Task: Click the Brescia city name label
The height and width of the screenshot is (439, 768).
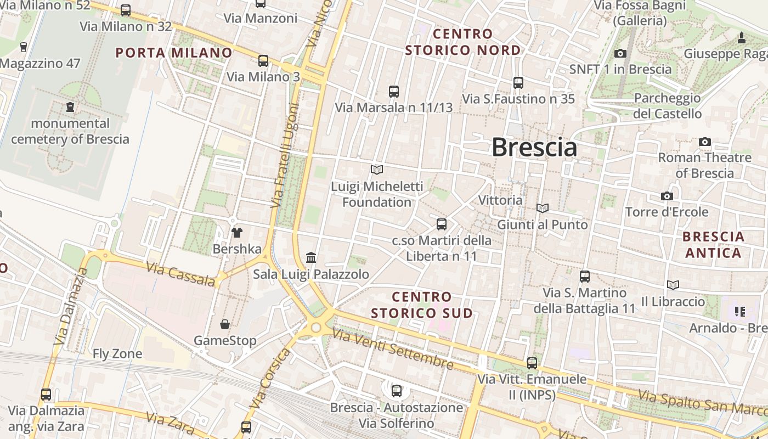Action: (534, 147)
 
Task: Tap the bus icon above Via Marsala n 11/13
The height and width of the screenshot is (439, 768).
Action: (393, 91)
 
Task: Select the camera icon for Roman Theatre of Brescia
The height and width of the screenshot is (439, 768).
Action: (705, 142)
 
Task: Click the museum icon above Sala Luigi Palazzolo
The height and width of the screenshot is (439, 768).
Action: (311, 257)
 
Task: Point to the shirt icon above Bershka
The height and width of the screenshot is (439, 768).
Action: (237, 232)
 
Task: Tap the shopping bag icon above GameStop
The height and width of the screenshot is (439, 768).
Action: (225, 324)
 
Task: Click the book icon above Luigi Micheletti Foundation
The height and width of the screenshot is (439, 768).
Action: (377, 170)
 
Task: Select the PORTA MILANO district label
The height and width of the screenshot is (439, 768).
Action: (174, 53)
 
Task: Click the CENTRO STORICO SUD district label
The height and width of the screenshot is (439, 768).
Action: (422, 305)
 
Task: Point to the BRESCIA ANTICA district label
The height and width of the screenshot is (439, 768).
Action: (714, 245)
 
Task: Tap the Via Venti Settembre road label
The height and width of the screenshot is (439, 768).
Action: (393, 350)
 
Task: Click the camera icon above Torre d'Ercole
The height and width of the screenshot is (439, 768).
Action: (667, 196)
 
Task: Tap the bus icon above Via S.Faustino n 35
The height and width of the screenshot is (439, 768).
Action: (518, 83)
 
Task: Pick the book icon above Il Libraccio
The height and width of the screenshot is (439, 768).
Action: (673, 285)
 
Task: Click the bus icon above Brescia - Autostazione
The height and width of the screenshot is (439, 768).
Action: (396, 391)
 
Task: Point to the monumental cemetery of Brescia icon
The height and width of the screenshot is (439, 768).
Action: (70, 107)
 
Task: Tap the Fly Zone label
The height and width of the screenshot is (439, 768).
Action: (117, 354)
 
